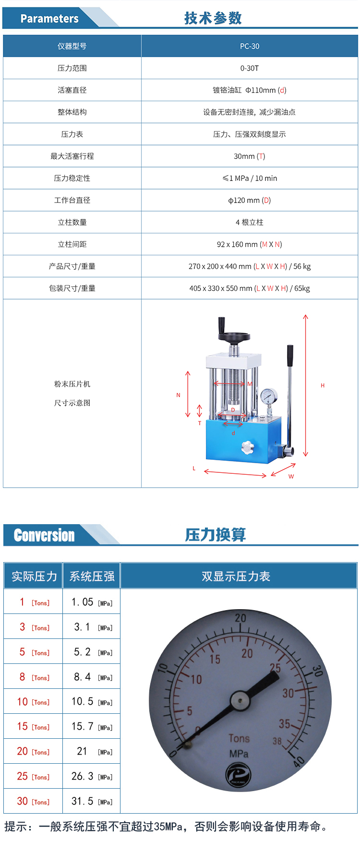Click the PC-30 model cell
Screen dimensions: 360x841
(250, 46)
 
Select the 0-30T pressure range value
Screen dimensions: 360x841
(250, 68)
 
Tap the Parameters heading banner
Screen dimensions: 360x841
(49, 19)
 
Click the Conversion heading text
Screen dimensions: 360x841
(44, 535)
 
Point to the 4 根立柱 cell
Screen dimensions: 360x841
(250, 222)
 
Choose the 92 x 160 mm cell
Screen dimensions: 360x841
(250, 244)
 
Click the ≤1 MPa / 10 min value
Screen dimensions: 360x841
(250, 178)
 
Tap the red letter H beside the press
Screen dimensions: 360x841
(323, 385)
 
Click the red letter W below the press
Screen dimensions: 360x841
(291, 477)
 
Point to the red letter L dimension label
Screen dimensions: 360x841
(194, 468)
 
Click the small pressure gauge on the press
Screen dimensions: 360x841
(269, 396)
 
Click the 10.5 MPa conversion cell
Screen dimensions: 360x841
(92, 702)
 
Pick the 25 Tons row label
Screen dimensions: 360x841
(34, 776)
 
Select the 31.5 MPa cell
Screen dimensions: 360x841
(92, 801)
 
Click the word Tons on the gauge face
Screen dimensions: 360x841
(239, 739)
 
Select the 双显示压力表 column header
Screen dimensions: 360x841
(236, 577)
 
